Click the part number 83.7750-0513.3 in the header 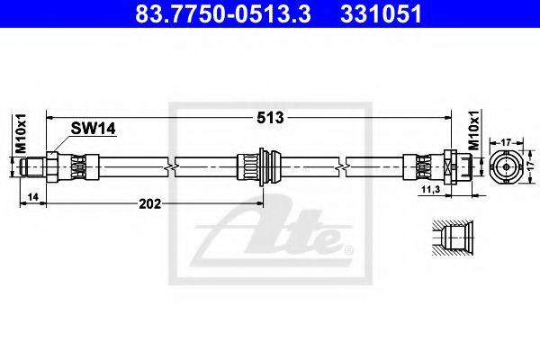pyautogui.click(x=223, y=13)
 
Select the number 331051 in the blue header pyautogui.click(x=381, y=13)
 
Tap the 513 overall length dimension pyautogui.click(x=271, y=118)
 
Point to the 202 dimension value pyautogui.click(x=149, y=204)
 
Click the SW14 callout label pyautogui.click(x=93, y=129)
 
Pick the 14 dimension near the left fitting pyautogui.click(x=33, y=197)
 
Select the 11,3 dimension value pyautogui.click(x=431, y=189)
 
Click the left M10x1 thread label pyautogui.click(x=21, y=132)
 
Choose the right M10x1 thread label pyautogui.click(x=474, y=130)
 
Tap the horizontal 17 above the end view pyautogui.click(x=506, y=141)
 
